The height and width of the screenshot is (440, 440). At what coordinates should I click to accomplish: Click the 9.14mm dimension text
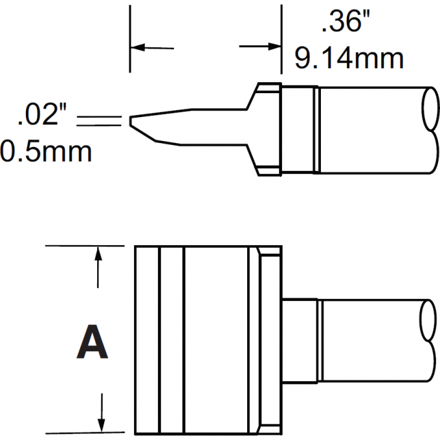pos(349,59)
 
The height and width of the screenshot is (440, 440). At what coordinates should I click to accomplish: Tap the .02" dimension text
pos(43,118)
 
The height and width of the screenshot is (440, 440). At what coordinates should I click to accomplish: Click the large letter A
pos(93,343)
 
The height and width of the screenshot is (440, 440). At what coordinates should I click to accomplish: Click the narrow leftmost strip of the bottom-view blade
pos(147,340)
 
